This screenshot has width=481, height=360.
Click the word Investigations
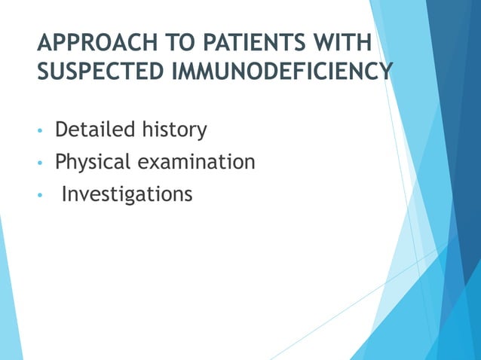pyautogui.click(x=127, y=195)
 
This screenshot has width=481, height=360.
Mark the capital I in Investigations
pyautogui.click(x=64, y=194)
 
